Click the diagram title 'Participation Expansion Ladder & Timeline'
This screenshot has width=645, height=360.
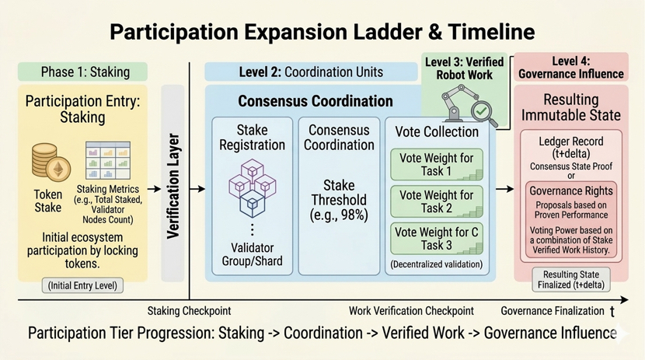pos(322,32)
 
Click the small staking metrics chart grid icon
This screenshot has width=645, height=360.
pos(106,160)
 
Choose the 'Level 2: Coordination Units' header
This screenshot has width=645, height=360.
pos(311,72)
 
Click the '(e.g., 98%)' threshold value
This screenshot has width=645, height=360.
pos(339,215)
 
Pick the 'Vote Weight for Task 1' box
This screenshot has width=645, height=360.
pos(435,164)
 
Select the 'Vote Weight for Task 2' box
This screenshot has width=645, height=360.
pos(435,201)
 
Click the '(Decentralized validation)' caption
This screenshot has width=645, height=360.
pos(437,265)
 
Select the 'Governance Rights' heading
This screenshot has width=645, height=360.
pos(570,191)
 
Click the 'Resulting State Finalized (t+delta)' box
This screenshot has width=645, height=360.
pos(570,280)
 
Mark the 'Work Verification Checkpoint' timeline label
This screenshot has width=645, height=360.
pos(411,311)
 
